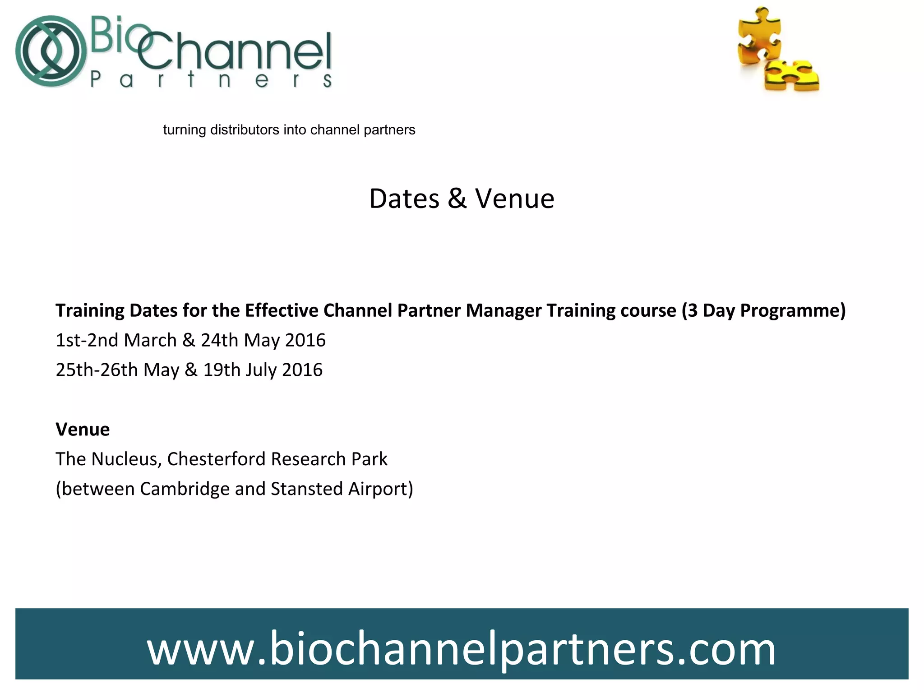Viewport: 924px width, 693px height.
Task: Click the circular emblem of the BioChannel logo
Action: coord(51,51)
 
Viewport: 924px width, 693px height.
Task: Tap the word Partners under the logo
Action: coord(211,80)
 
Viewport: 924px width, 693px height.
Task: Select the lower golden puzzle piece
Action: coord(792,75)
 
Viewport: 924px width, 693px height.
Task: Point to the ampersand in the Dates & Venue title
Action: coord(457,199)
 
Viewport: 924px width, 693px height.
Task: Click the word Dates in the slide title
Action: coord(404,199)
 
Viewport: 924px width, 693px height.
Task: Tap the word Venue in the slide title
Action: coord(514,199)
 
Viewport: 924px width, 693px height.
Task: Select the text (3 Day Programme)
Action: coord(763,310)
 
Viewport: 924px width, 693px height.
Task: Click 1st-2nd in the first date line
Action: coord(87,340)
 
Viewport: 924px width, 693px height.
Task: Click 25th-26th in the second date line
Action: coord(97,370)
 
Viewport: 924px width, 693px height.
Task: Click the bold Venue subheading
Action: coord(83,429)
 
